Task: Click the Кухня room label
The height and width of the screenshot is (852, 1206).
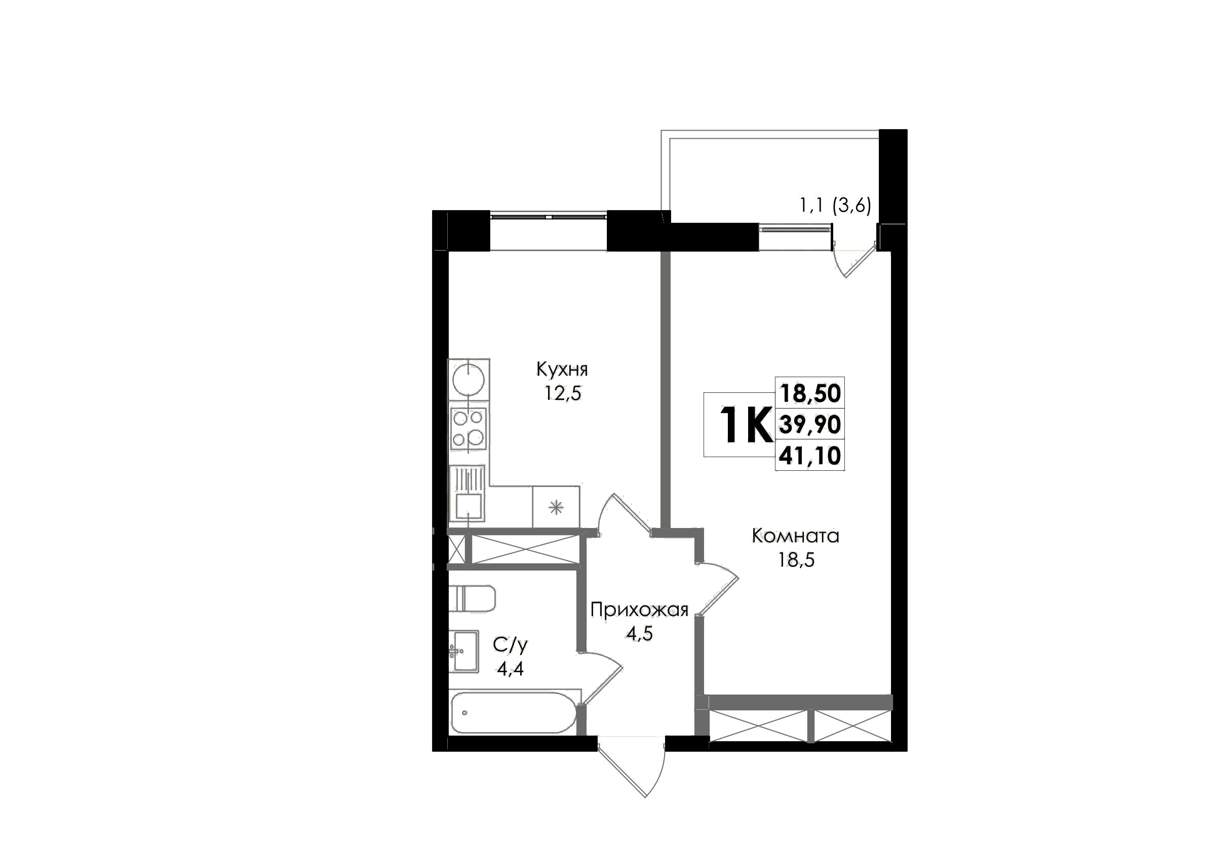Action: [562, 370]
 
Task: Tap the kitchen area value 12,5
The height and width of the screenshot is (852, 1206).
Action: [563, 393]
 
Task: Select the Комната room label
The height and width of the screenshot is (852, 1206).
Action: [796, 536]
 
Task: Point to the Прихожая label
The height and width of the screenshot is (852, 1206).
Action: [639, 610]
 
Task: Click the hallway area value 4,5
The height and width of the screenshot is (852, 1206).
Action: [639, 634]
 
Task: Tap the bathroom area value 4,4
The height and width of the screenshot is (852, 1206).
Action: [510, 669]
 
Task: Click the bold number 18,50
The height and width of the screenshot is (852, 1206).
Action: [810, 393]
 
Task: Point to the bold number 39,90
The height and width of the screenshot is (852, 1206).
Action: [810, 424]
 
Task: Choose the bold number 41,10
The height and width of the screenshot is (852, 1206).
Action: [810, 456]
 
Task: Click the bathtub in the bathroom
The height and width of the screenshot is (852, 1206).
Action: [514, 712]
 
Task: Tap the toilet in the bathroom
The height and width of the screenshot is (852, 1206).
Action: [472, 598]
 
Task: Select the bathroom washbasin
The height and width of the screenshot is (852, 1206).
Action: [464, 651]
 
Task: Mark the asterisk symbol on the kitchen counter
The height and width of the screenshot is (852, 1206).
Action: [556, 507]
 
